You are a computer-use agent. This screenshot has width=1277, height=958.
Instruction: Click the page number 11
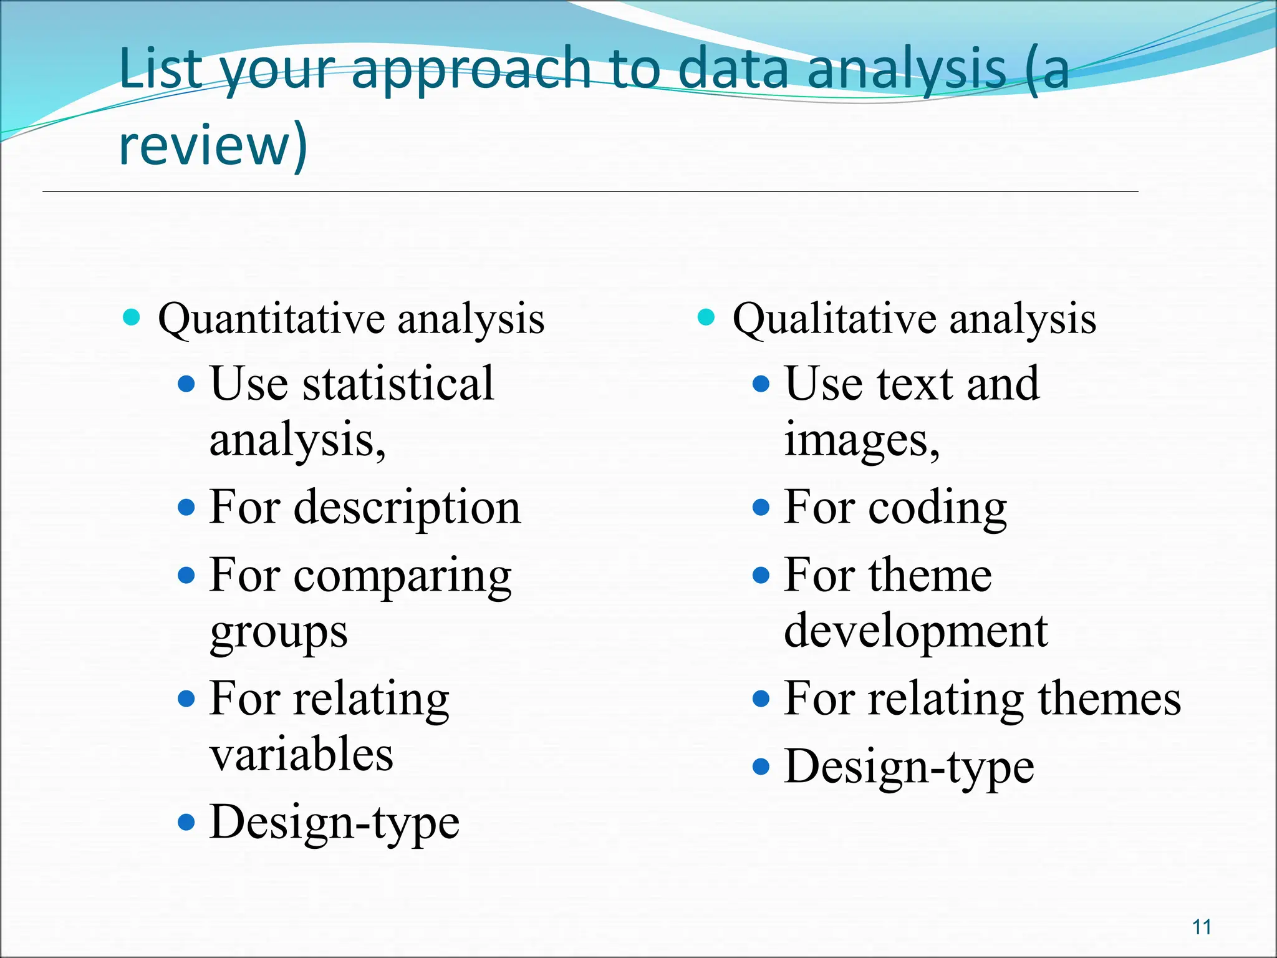tap(1202, 927)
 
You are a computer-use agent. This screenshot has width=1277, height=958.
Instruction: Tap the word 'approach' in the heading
tap(471, 70)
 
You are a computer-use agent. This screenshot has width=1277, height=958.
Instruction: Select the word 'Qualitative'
tap(834, 319)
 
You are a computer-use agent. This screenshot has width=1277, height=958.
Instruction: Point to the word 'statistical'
tap(398, 383)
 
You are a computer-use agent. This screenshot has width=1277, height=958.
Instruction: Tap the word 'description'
tap(407, 508)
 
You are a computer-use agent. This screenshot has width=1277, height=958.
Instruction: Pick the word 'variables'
tap(301, 755)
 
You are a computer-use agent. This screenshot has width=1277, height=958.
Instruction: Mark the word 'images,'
tap(861, 440)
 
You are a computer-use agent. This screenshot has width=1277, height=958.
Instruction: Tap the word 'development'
tap(915, 631)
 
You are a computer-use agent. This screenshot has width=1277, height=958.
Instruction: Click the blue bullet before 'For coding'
tap(761, 507)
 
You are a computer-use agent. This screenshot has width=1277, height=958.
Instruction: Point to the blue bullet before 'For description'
tap(186, 507)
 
